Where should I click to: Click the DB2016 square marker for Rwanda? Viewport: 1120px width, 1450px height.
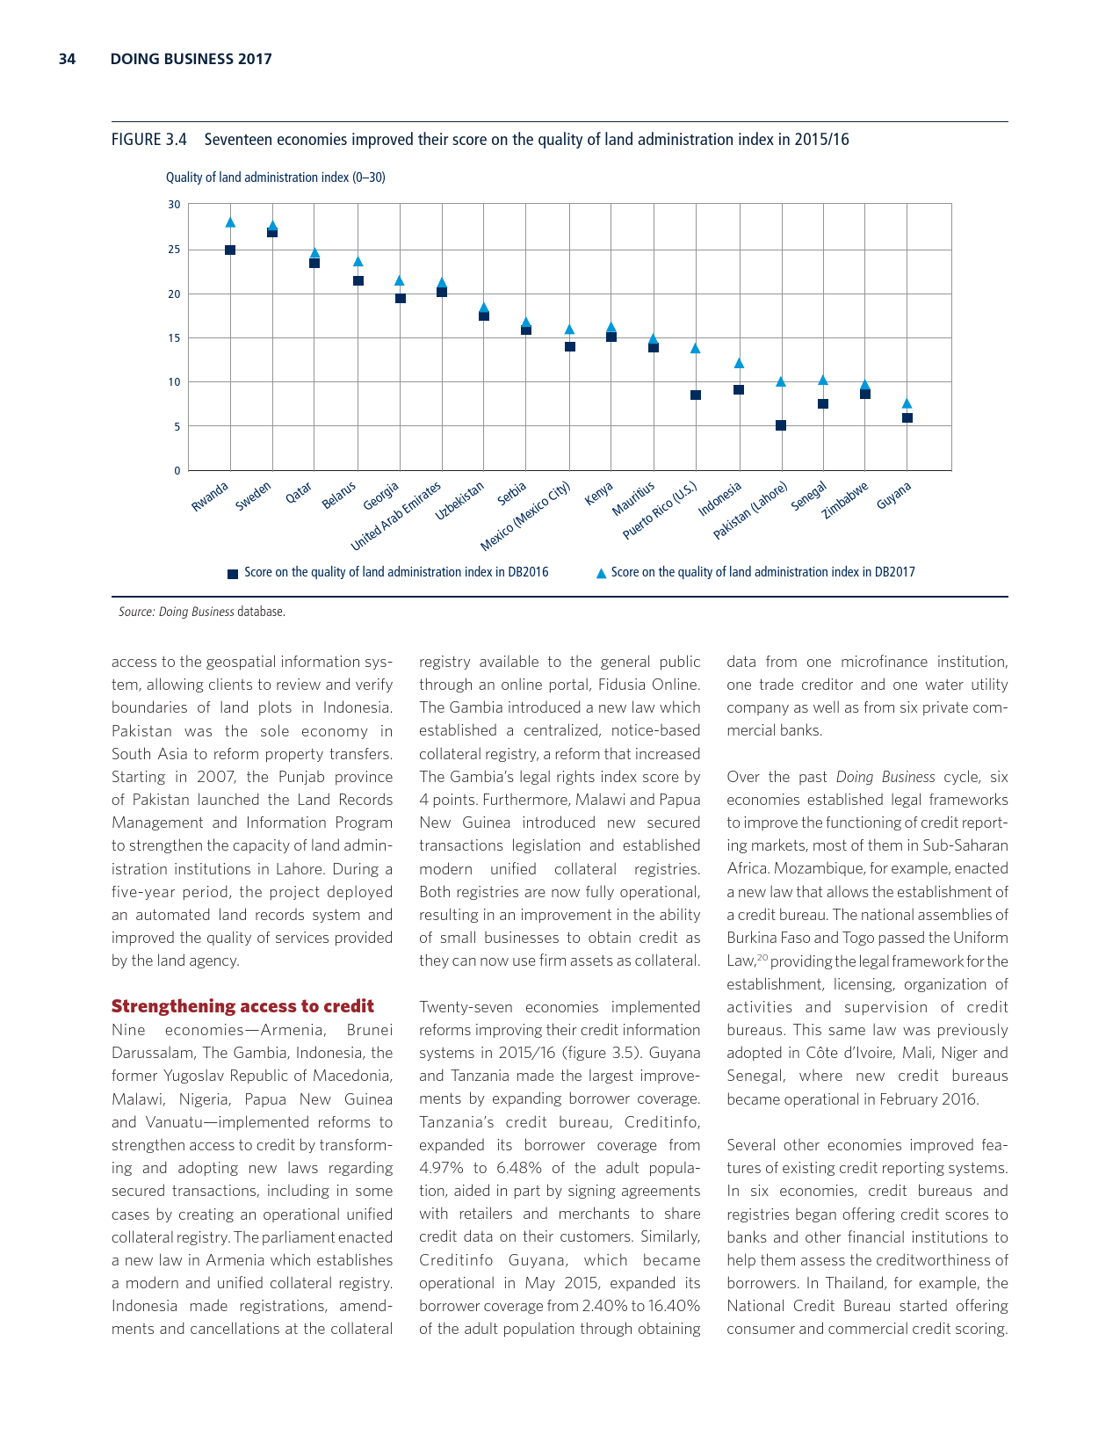230,250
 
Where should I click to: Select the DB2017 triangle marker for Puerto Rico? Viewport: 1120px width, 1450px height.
695,348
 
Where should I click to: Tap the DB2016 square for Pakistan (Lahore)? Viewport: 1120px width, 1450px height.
781,425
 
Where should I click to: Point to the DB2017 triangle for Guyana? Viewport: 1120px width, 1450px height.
907,403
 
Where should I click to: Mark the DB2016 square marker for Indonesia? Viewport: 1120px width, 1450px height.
739,389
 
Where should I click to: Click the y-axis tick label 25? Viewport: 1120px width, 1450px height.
174,250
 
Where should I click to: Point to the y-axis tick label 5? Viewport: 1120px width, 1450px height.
177,426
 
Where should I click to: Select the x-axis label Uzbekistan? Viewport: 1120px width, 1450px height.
460,502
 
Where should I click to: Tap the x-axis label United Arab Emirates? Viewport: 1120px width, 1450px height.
396,516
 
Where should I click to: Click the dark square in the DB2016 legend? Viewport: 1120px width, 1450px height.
233,573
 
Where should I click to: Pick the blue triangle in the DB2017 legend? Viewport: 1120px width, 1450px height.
601,573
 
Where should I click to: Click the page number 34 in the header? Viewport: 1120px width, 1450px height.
67,59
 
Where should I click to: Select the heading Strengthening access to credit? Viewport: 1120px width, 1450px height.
242,1006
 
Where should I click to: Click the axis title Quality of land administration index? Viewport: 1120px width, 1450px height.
275,178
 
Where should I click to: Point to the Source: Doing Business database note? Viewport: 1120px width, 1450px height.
202,612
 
